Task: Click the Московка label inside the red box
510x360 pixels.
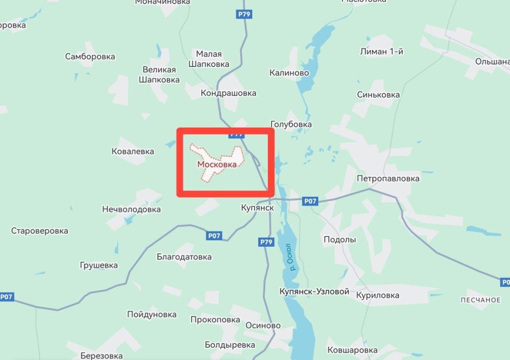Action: coord(217,164)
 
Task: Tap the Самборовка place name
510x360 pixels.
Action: coord(90,56)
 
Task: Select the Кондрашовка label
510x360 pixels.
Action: coord(228,93)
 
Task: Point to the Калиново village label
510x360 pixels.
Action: coord(289,72)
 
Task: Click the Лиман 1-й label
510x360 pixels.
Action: coord(381,52)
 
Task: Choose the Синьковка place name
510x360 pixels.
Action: coord(378,95)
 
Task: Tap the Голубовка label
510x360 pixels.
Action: coord(291,124)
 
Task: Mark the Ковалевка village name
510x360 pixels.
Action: coord(133,151)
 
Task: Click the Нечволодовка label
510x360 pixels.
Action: coord(131,209)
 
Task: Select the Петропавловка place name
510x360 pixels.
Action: coord(388,178)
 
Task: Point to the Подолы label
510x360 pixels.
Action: coord(339,239)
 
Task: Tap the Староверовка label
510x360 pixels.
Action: coord(40,231)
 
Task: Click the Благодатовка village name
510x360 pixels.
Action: coord(184,257)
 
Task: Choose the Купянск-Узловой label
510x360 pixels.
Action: coord(314,291)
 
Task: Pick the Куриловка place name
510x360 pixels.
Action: coord(378,295)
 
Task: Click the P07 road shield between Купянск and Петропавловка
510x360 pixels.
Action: coord(310,201)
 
